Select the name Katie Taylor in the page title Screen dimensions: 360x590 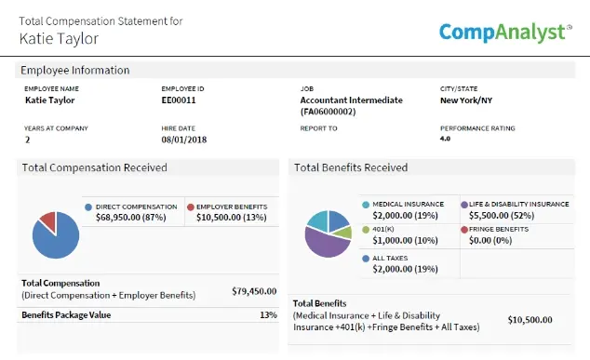pyautogui.click(x=59, y=38)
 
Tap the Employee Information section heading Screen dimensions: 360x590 pyautogui.click(x=75, y=70)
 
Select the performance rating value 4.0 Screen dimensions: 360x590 pyautogui.click(x=446, y=139)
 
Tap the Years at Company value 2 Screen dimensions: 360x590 pyautogui.click(x=27, y=140)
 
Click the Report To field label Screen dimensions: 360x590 pyautogui.click(x=319, y=128)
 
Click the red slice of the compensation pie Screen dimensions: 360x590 pyautogui.click(x=46, y=220)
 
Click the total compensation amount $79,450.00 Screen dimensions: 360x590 pyautogui.click(x=254, y=291)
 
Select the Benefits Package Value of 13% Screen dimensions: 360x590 pyautogui.click(x=268, y=315)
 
